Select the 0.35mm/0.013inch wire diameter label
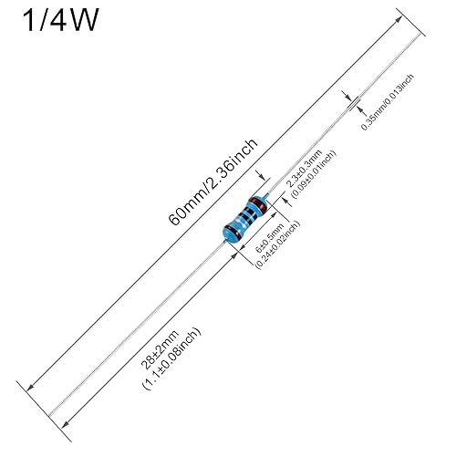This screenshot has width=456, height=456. coord(388,102)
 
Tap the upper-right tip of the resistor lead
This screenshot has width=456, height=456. coord(421,34)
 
